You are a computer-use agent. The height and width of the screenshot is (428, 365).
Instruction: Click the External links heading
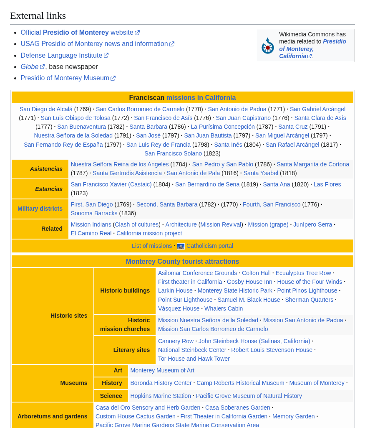pyautogui.click(x=38, y=16)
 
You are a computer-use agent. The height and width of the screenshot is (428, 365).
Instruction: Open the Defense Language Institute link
pyautogui.click(x=61, y=55)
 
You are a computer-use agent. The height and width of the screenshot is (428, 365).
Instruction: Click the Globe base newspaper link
pyautogui.click(x=30, y=66)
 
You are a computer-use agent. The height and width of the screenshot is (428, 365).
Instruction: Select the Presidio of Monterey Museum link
pyautogui.click(x=65, y=78)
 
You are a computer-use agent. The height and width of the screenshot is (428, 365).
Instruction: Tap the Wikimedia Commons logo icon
pyautogui.click(x=267, y=46)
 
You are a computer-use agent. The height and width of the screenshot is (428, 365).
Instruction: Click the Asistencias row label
pyautogui.click(x=46, y=169)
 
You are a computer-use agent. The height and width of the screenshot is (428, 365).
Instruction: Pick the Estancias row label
pyautogui.click(x=48, y=189)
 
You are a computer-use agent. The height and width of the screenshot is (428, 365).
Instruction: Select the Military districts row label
pyautogui.click(x=40, y=209)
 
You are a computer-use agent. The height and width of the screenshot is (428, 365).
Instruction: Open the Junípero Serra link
pyautogui.click(x=312, y=224)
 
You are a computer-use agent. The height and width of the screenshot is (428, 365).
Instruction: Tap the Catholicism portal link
pyautogui.click(x=209, y=246)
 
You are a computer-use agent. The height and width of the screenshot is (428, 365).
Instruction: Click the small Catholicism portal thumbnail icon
pyautogui.click(x=181, y=246)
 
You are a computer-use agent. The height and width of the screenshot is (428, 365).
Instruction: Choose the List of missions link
pyautogui.click(x=152, y=246)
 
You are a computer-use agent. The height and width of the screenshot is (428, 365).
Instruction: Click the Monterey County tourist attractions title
pyautogui.click(x=182, y=262)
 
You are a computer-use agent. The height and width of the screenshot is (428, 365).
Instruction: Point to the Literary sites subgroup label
pyautogui.click(x=131, y=350)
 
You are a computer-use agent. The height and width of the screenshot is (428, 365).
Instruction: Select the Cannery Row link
pyautogui.click(x=176, y=341)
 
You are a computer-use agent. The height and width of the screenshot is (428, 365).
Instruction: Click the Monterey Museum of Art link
pyautogui.click(x=162, y=370)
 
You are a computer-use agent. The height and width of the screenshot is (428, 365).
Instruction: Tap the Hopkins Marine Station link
pyautogui.click(x=161, y=396)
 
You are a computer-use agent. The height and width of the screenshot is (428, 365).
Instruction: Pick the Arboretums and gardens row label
pyautogui.click(x=53, y=416)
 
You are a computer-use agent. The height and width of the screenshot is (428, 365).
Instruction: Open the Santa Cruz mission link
pyautogui.click(x=293, y=127)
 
